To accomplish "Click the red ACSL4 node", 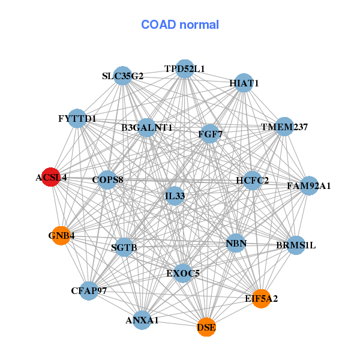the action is coord(51,177).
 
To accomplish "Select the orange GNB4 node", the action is coord(61,236).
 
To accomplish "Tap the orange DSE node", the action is coord(206,327).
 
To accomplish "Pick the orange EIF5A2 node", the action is coord(261,298).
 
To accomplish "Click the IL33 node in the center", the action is coord(175,196).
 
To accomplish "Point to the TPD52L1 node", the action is coord(185,69).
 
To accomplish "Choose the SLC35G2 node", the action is coord(123,76).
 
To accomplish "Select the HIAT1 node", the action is coord(244,83).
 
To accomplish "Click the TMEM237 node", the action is coord(284,127).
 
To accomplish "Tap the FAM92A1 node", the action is coord(309,186).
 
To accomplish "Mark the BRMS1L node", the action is coord(296,245).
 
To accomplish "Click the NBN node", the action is coord(236,243).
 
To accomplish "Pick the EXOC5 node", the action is coord(183,273).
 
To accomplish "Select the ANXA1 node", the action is coord(142,320).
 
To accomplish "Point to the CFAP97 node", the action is coord(89,290).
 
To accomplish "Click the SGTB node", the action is coord(124,247).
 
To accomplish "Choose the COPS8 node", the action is coord(107,180).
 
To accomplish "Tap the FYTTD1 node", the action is coord(77,118).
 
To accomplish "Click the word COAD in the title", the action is coord(158,25).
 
